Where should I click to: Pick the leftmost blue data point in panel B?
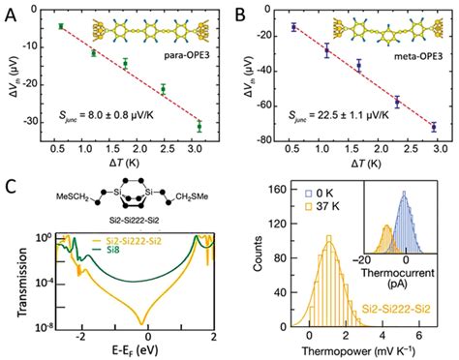point(293,27)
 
